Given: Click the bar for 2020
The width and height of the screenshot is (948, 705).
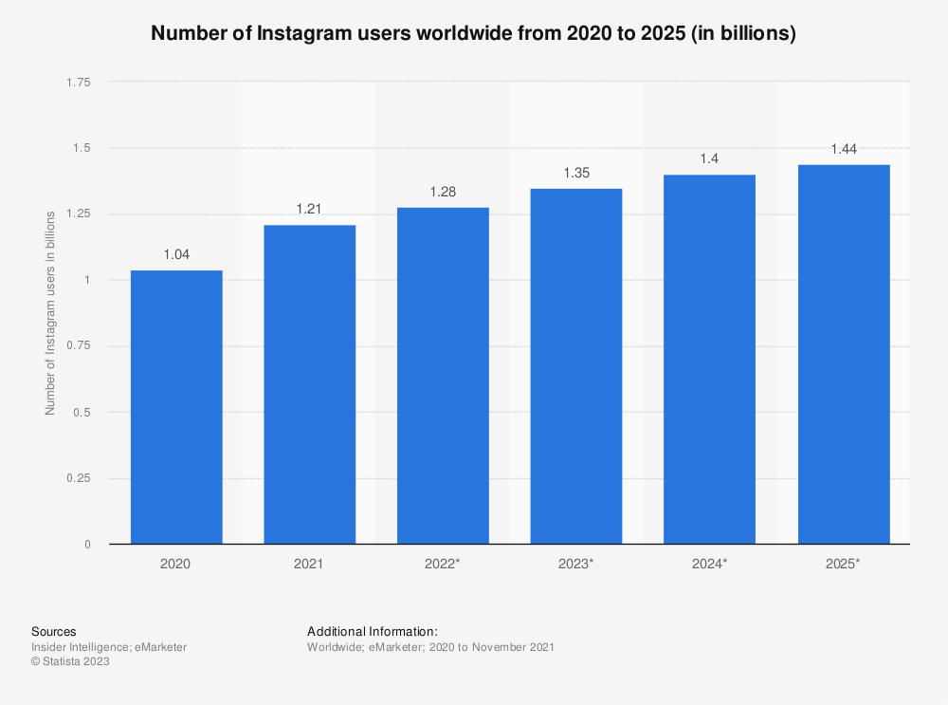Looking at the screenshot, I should coord(176,407).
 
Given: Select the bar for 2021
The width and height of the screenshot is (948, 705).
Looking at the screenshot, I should coord(310,384).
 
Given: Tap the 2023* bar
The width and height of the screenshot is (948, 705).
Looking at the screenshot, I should coord(576,366).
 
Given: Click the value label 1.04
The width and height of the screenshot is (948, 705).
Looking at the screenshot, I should coord(176,255).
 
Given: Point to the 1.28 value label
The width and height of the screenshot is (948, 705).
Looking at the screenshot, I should coord(443,192).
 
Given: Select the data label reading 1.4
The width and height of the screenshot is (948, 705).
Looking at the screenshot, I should coord(709,159).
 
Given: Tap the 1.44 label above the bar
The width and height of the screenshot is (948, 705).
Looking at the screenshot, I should coord(844,149).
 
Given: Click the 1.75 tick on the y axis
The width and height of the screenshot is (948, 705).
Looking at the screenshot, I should coord(79,83).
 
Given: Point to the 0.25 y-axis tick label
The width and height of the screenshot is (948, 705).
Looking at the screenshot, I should coord(79,478).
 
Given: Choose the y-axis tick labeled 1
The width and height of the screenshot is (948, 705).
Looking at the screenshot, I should coord(87,280).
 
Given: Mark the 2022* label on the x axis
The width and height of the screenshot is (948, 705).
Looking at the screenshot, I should coord(443,564).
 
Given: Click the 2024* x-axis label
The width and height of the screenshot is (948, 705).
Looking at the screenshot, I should coord(709,564).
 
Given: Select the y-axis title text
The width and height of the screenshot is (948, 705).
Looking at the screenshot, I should coord(50,313).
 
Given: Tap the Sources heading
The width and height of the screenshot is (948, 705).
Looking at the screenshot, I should coord(54,631).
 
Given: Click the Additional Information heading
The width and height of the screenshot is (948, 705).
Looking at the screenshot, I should coord(372,631).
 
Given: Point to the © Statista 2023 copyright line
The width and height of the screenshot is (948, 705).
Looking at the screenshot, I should coord(70,662).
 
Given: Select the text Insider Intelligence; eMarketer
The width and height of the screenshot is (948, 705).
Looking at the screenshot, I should coord(109,647).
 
